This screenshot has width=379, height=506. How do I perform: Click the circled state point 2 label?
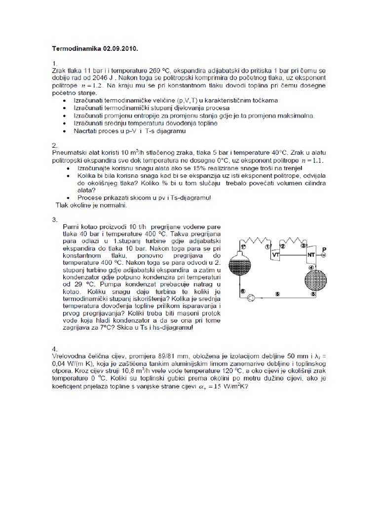pyautogui.click(x=283, y=245)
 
